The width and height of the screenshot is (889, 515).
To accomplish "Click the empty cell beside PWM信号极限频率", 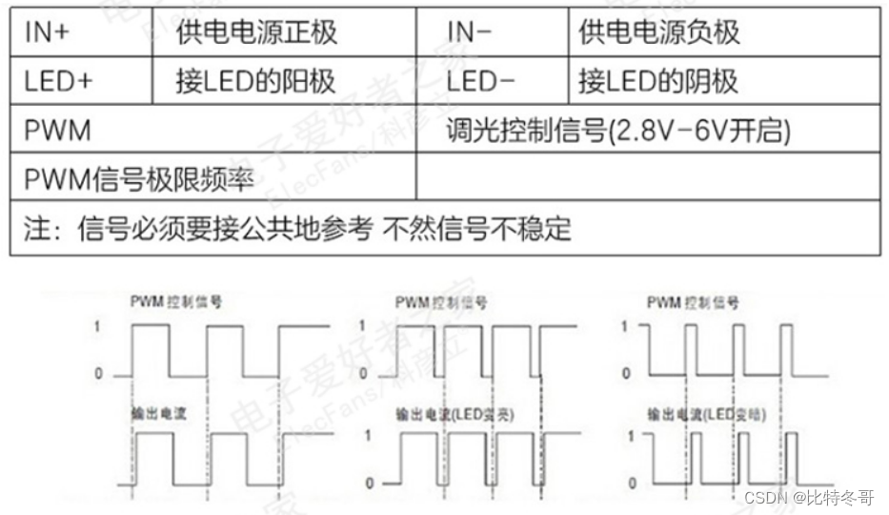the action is click(x=648, y=178).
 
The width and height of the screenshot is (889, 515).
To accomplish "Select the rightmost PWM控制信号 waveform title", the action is click(x=692, y=303).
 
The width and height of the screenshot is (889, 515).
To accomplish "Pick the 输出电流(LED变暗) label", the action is click(x=706, y=415).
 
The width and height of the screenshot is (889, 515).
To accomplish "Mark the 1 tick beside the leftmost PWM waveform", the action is click(x=97, y=326).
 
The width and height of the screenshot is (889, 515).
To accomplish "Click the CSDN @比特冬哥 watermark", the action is click(x=809, y=497).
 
